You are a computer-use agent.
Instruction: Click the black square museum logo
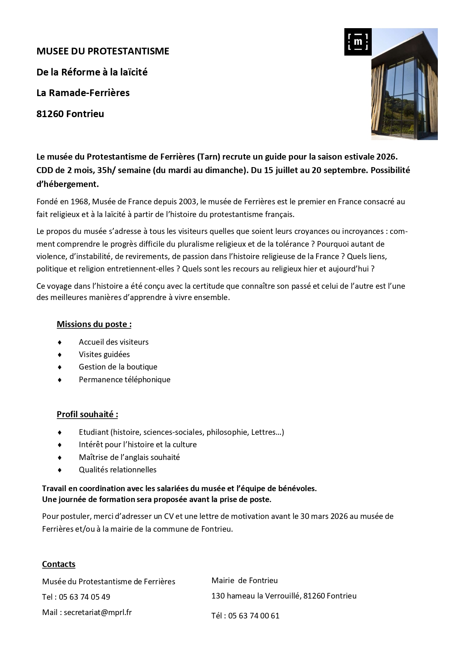[357, 42]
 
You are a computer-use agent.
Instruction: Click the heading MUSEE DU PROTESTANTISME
[103, 51]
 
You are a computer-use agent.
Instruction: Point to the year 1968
[79, 202]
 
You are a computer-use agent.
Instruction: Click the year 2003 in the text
[187, 202]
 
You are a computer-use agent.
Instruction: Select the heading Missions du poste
[94, 324]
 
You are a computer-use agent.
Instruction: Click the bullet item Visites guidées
[104, 354]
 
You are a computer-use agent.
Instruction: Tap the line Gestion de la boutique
[118, 367]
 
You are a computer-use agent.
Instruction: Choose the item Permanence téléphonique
[124, 380]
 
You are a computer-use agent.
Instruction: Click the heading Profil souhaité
[87, 414]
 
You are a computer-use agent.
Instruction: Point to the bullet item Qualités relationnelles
[118, 470]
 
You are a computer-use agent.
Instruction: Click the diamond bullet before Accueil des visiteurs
[60, 342]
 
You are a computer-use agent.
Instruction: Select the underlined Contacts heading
[59, 564]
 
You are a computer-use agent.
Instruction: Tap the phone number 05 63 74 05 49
[84, 597]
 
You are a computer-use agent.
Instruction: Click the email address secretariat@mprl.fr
[98, 612]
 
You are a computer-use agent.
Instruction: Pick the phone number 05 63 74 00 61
[253, 616]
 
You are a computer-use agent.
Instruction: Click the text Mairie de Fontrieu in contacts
[244, 581]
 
